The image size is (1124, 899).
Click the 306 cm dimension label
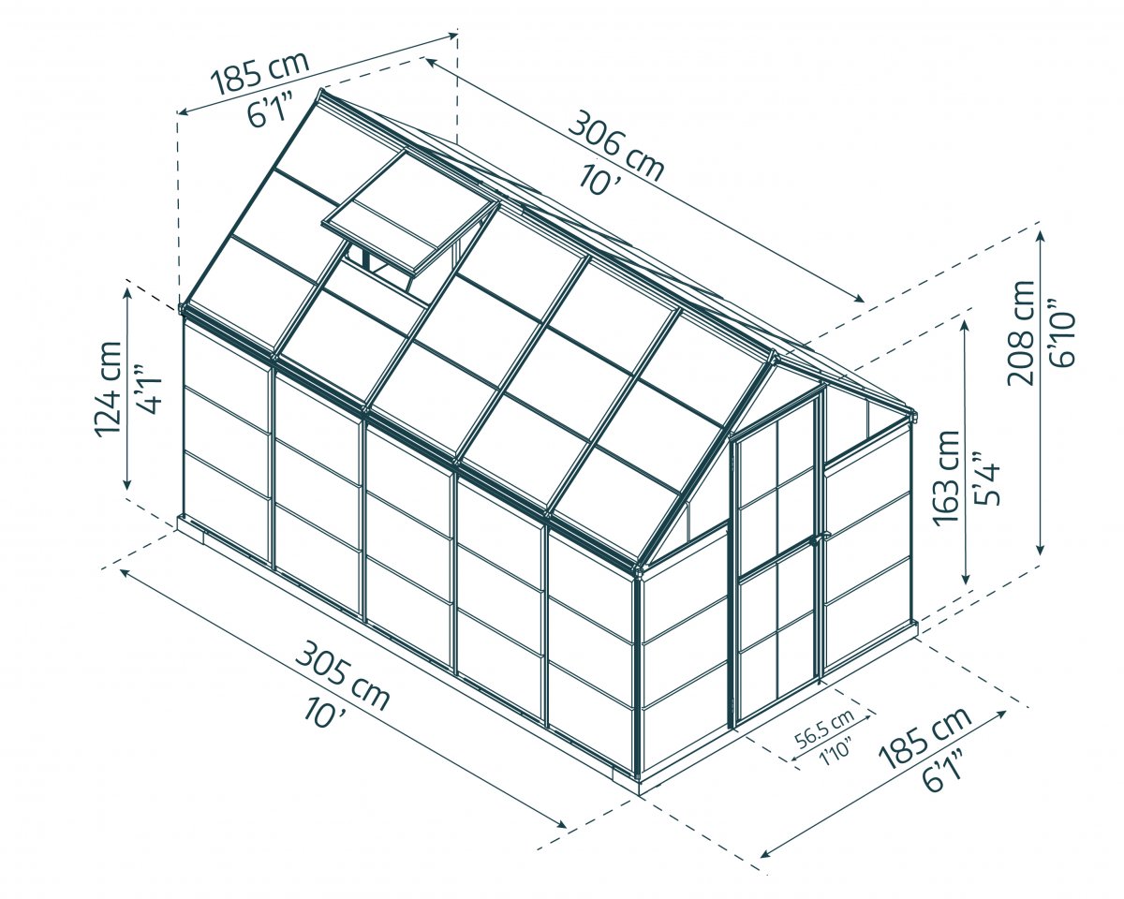616,147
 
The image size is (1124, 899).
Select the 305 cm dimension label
343,676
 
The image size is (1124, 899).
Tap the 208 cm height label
1020,333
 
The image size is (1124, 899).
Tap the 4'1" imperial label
148,389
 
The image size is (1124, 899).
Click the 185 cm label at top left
259,73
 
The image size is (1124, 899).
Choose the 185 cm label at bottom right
925,738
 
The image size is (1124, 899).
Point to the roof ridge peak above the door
772,355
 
